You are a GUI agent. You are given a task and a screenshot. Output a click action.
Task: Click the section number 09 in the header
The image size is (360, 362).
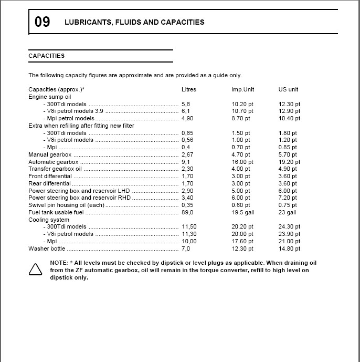43,22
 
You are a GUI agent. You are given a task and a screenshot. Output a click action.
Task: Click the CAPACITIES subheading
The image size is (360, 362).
47,56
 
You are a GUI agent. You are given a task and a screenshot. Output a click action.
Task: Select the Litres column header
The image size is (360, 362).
189,90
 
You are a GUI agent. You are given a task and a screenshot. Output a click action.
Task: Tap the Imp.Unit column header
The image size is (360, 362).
243,90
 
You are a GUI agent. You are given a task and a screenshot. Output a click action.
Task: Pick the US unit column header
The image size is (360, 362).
288,90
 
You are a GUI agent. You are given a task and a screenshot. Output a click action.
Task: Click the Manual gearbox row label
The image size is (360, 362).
50,155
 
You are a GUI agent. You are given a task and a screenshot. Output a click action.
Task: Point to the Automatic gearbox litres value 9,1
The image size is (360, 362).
186,162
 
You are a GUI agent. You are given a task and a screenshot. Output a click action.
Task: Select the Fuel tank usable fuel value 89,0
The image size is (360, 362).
187,213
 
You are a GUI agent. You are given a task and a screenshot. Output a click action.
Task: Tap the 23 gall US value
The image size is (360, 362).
287,213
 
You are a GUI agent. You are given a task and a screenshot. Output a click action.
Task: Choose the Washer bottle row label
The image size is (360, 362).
47,249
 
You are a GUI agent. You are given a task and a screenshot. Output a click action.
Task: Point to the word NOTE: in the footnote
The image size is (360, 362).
58,263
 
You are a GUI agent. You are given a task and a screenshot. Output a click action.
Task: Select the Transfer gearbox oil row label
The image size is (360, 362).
55,169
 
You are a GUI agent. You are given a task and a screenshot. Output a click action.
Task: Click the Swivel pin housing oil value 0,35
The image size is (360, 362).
187,205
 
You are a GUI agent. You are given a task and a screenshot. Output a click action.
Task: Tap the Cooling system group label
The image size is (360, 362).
49,220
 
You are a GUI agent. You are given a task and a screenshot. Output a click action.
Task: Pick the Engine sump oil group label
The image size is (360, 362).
49,97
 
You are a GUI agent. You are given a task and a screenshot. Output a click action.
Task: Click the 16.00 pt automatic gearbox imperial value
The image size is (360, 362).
242,162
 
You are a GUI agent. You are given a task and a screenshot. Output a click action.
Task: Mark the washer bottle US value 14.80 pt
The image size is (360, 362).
290,249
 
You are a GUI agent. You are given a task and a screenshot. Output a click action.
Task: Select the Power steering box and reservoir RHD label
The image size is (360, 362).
79,198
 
